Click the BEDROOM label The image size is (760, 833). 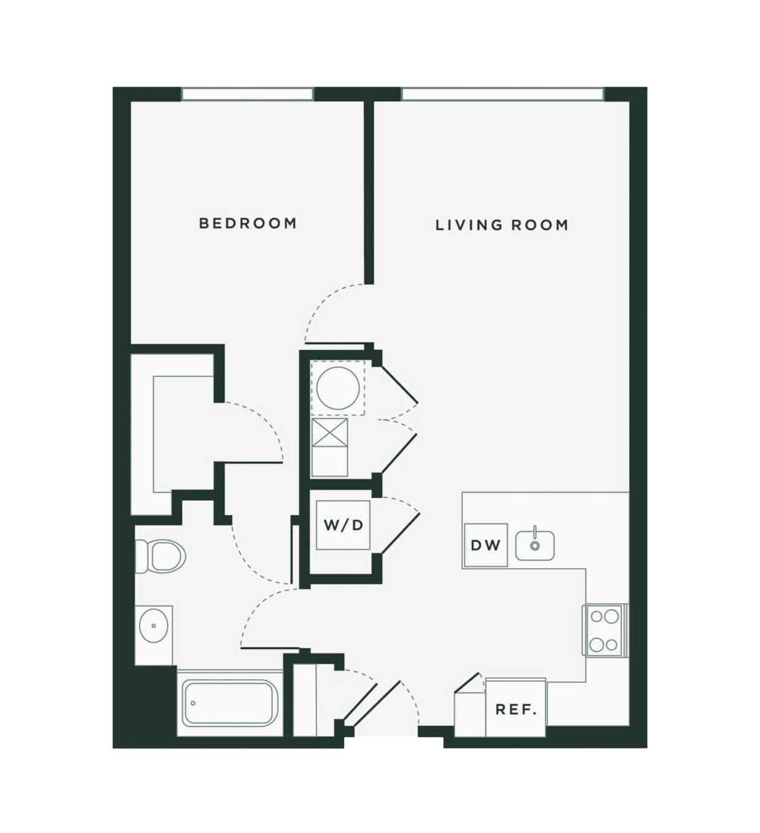(x=248, y=223)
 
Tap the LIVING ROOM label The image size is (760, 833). (x=502, y=225)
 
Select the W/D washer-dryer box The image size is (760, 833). (x=343, y=525)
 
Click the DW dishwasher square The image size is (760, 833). (x=485, y=545)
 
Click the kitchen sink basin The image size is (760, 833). (x=535, y=546)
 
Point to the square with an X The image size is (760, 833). (x=329, y=433)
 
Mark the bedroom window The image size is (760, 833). (x=247, y=94)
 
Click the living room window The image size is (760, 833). (x=502, y=94)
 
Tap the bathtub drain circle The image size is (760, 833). (x=193, y=703)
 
